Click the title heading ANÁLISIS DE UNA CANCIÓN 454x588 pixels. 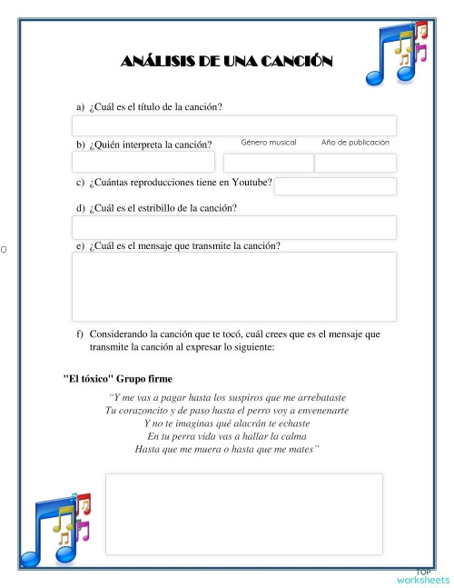coord(226,62)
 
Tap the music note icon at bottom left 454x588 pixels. coord(59,524)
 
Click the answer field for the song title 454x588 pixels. coord(233,125)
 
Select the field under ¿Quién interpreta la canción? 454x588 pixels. coord(143,163)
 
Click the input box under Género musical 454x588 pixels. coord(268,164)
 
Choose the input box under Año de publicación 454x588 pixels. coord(355,164)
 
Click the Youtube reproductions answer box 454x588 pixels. coord(335,186)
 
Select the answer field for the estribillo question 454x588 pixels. coord(233,227)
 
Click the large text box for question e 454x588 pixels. coord(233,286)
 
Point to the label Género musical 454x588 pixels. coord(269,143)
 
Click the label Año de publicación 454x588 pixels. coord(355,143)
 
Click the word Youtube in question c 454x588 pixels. coord(252,183)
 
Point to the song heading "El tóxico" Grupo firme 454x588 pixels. coord(118,378)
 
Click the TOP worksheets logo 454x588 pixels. coord(423,576)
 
